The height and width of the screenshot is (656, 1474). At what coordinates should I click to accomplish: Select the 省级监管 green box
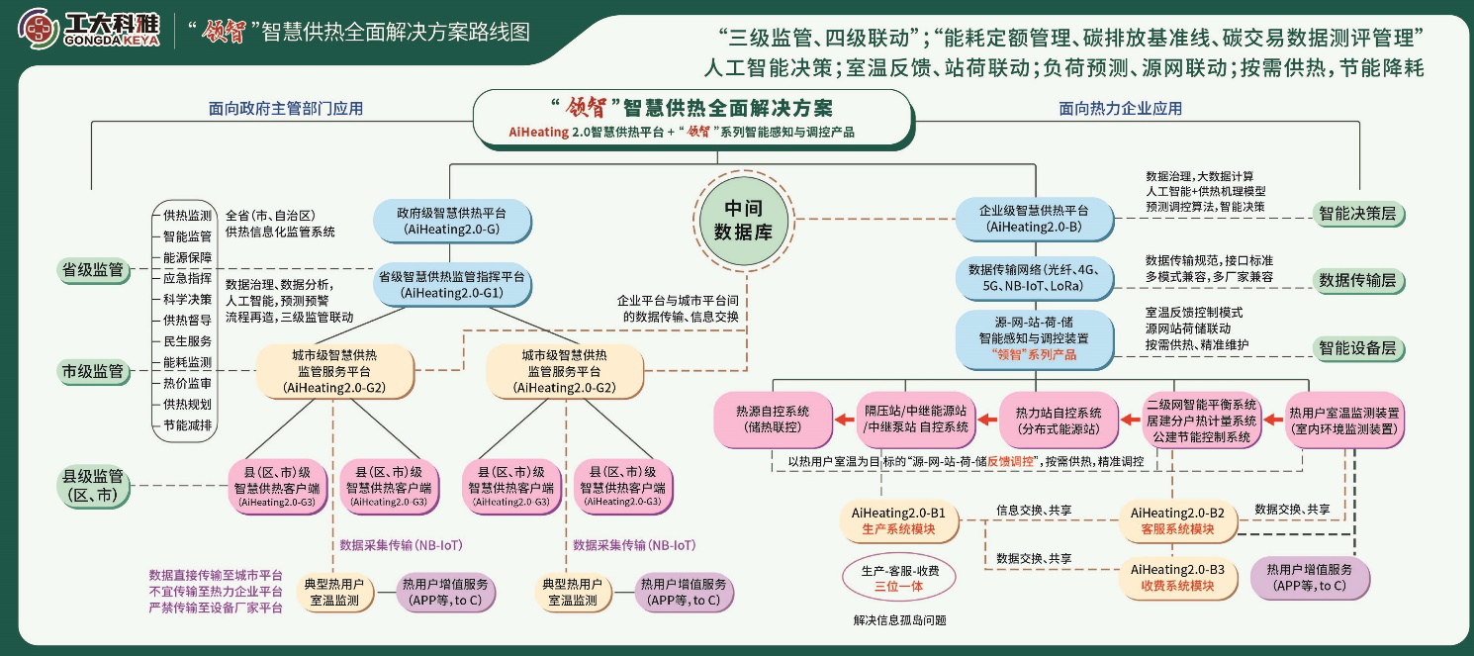93,270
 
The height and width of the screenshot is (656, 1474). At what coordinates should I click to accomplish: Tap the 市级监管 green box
93,371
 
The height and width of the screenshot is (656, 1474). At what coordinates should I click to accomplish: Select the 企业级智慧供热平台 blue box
1034,220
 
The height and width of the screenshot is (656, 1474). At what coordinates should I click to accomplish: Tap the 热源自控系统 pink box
773,419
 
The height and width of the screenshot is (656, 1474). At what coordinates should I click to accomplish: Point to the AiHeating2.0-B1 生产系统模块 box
898,521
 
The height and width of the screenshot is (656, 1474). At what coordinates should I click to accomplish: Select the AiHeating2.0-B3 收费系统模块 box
1177,578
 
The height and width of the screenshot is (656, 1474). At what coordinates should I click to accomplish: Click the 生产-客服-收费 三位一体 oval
899,578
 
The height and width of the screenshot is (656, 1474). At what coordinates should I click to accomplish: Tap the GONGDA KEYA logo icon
38,30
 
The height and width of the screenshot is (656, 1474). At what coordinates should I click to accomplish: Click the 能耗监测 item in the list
187,362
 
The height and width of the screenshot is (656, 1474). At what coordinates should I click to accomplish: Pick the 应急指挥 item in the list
187,278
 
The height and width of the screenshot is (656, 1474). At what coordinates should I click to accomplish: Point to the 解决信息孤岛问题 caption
899,620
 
